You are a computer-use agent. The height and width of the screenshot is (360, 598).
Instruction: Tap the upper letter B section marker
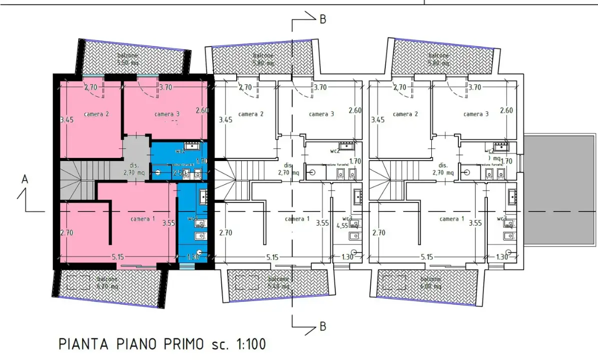pyautogui.click(x=323, y=19)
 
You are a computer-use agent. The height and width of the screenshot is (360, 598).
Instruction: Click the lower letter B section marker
pyautogui.click(x=323, y=327)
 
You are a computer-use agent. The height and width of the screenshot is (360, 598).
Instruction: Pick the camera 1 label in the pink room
pyautogui.click(x=143, y=219)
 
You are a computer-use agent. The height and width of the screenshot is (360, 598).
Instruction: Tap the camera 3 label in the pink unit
pyautogui.click(x=167, y=114)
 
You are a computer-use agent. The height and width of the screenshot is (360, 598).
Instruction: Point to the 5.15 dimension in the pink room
pyautogui.click(x=118, y=257)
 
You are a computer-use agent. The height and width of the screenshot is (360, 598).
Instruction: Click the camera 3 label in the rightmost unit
pyautogui.click(x=476, y=114)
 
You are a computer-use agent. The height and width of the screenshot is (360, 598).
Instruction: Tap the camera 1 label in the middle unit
pyautogui.click(x=297, y=219)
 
